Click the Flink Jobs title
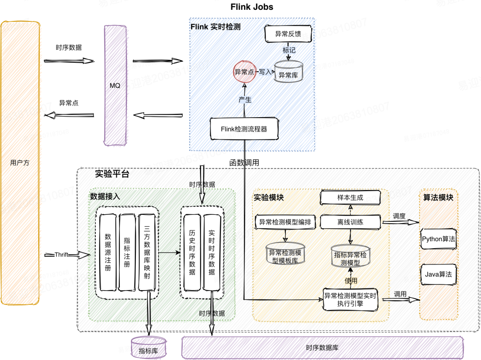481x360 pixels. coord(252,7)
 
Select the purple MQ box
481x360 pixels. coord(115,85)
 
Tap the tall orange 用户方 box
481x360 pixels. coord(20,163)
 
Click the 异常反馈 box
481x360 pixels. coord(288,34)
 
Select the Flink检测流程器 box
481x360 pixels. coord(244,129)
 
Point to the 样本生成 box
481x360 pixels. coord(351,197)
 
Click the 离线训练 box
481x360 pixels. coord(351,222)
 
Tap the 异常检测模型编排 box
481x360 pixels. coord(285,222)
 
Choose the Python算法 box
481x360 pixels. coord(439,239)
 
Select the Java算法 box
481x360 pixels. coord(439,274)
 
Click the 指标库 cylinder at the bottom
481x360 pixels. coord(148,350)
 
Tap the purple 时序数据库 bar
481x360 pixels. coord(322,348)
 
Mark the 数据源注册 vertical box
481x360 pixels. coord(107,252)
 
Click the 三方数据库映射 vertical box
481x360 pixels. coord(147,252)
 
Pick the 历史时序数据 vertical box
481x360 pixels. coord(192,252)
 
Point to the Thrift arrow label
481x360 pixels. coord(61,255)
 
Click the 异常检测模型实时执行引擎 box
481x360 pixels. coord(351,299)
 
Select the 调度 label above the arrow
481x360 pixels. coord(399,216)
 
